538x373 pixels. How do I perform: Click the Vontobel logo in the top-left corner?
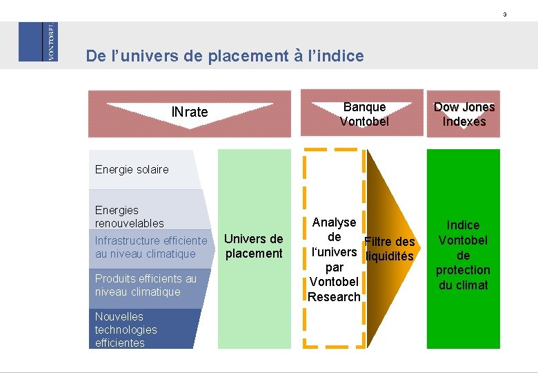point(38,41)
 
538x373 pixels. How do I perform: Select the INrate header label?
point(189,112)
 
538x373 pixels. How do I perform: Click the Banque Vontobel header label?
point(364,114)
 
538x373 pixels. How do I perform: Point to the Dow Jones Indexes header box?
point(464,114)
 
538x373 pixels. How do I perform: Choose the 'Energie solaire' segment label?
point(132,169)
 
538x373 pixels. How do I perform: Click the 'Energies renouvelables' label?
point(130,216)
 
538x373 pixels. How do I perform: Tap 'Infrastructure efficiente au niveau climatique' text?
point(150,247)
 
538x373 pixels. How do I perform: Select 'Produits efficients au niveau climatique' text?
point(146,285)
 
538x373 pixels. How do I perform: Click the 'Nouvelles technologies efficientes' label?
point(126,329)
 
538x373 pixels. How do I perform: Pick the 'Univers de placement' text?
point(254,246)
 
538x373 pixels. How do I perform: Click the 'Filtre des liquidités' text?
point(389,249)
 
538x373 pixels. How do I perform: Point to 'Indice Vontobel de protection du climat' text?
point(463,255)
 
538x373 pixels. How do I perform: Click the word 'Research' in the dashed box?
point(334,297)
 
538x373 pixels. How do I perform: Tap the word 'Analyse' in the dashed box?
point(334,222)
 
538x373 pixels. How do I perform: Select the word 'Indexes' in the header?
point(464,122)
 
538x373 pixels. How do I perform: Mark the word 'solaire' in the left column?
point(151,169)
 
